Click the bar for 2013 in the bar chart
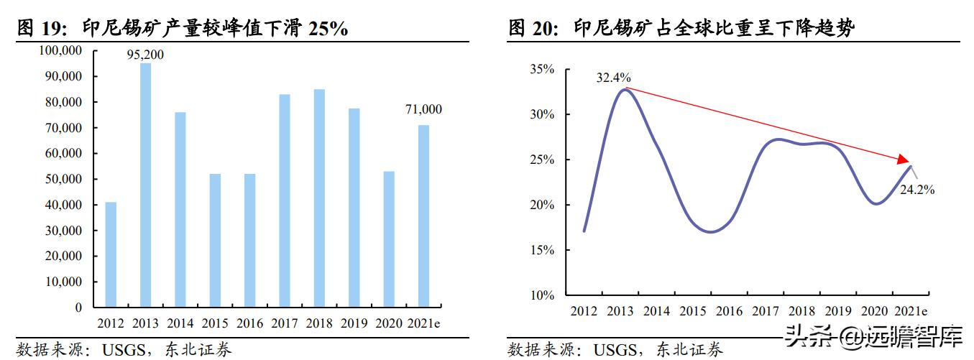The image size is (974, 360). pyautogui.click(x=145, y=185)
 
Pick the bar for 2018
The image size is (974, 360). pyautogui.click(x=319, y=198)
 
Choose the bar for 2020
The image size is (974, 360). pyautogui.click(x=389, y=239)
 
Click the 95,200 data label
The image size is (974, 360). pyautogui.click(x=145, y=55)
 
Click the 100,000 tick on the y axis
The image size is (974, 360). pyautogui.click(x=63, y=51)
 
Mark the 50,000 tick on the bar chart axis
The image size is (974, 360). pyautogui.click(x=65, y=179)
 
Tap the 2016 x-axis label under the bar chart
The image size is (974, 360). pyautogui.click(x=250, y=323)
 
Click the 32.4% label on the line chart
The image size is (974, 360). pyautogui.click(x=613, y=77)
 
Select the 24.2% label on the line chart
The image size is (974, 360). pyautogui.click(x=917, y=190)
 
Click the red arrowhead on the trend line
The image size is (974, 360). pyautogui.click(x=903, y=160)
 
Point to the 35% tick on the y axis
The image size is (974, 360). pyautogui.click(x=541, y=70)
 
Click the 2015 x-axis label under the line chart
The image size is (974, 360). pyautogui.click(x=693, y=311)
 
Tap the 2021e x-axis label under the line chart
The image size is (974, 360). pyautogui.click(x=911, y=311)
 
